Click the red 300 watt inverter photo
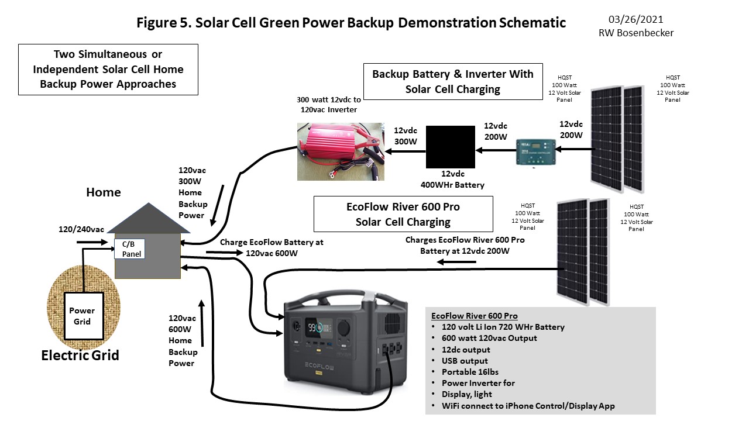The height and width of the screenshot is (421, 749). (340, 151)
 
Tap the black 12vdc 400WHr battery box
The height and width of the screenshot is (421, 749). (450, 146)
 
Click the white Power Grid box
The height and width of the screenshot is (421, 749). (83, 316)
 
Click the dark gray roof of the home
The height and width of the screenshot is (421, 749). (143, 219)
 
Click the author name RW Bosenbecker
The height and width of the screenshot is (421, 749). (635, 33)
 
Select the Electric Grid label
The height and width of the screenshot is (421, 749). (80, 355)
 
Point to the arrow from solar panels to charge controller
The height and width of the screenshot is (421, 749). (572, 149)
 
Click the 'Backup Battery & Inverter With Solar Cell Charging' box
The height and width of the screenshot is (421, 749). (453, 81)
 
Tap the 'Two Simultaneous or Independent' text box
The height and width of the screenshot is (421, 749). (108, 70)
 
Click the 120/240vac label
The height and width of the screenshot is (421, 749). (81, 230)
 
